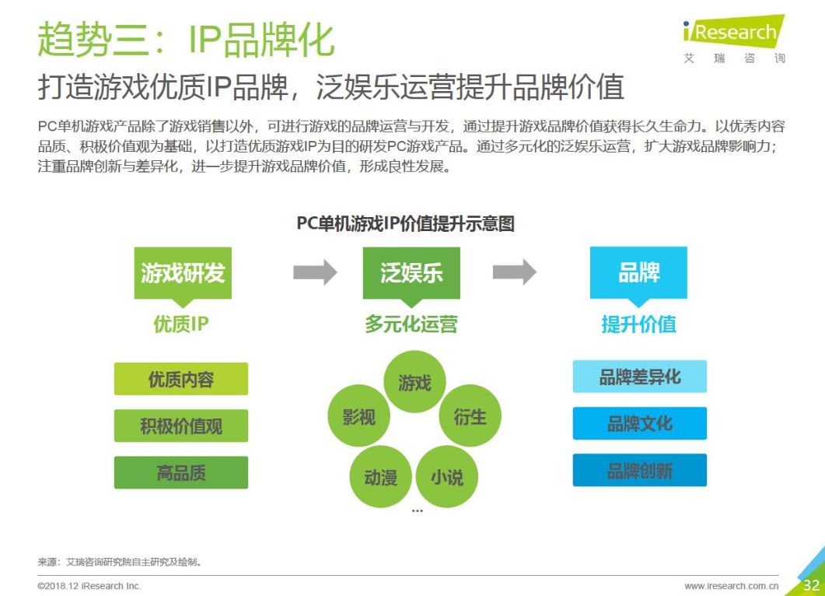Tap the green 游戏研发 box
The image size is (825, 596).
183,273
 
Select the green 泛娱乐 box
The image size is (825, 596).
411,273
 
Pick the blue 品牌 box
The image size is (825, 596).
638,273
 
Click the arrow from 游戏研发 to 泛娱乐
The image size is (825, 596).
315,272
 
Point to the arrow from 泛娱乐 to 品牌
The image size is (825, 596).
514,272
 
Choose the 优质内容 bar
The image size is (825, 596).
181,379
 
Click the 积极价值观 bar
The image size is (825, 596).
181,426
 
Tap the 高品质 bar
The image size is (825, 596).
181,472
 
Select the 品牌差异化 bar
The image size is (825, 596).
639,377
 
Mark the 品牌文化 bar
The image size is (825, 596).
639,423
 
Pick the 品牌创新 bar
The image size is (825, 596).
639,471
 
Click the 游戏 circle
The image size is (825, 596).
414,382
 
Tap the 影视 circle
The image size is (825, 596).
358,417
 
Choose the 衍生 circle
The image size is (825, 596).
470,416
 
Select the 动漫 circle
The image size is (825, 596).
380,476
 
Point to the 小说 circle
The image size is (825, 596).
447,476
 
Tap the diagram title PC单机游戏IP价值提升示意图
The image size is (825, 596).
405,224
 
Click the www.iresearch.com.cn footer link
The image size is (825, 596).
732,586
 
